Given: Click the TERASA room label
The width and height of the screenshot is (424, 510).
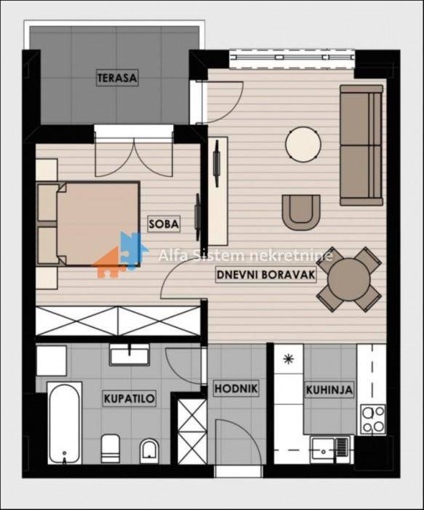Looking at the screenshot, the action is pyautogui.click(x=117, y=78).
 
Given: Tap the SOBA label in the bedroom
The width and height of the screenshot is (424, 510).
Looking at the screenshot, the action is pyautogui.click(x=164, y=224).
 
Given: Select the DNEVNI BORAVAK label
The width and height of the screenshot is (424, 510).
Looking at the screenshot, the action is pyautogui.click(x=266, y=275).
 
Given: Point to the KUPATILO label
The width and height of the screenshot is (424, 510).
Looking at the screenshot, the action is pyautogui.click(x=129, y=398).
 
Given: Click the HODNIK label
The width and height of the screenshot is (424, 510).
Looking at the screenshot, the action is pyautogui.click(x=236, y=388).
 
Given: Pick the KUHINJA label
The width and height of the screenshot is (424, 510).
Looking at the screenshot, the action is pyautogui.click(x=329, y=389).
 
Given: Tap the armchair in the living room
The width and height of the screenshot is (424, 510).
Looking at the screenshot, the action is pyautogui.click(x=301, y=213).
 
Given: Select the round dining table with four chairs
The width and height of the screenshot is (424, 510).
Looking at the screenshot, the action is pyautogui.click(x=348, y=279).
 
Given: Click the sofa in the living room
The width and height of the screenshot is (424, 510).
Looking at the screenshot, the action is pyautogui.click(x=361, y=146).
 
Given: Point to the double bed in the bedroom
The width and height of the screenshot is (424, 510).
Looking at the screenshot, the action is pyautogui.click(x=88, y=224).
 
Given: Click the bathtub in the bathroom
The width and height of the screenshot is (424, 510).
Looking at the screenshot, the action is pyautogui.click(x=65, y=423).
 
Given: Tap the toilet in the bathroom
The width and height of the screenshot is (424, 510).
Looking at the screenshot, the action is pyautogui.click(x=111, y=448).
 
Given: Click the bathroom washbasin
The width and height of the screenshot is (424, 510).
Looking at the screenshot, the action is pyautogui.click(x=130, y=354).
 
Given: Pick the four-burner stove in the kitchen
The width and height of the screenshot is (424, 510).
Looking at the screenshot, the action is pyautogui.click(x=373, y=419).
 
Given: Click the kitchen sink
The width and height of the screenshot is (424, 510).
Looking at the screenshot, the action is pyautogui.click(x=329, y=450).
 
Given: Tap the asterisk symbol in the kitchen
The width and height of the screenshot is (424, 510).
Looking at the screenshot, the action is pyautogui.click(x=288, y=358).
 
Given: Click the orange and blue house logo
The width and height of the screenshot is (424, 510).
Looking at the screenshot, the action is pyautogui.click(x=120, y=255).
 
